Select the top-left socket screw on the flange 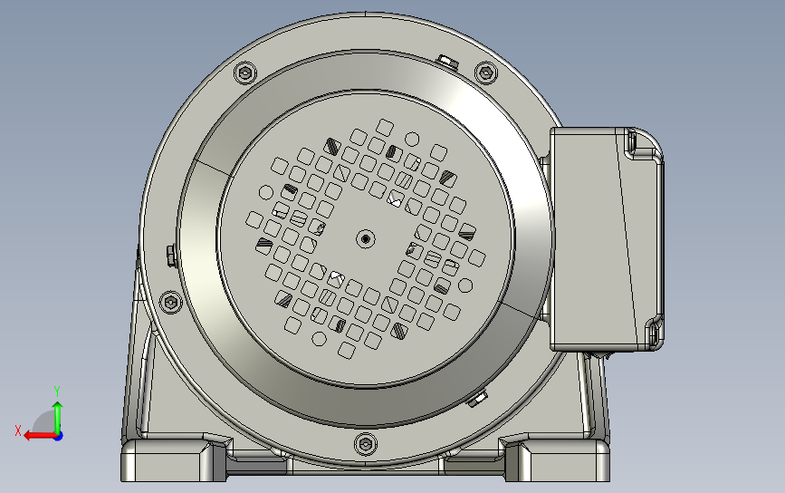pos(244,73)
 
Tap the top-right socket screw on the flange pos(486,73)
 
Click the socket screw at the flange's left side pos(171,303)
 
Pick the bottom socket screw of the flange pos(365,443)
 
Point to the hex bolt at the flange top pos(445,61)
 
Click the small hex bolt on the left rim pos(169,254)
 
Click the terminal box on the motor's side pos(598,237)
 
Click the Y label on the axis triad pos(56,390)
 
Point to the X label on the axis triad pos(17,430)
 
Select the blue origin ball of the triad pos(57,435)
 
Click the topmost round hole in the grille pos(412,139)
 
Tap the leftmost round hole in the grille pos(265,192)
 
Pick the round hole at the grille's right pos(465,286)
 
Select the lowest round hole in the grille pos(319,339)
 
